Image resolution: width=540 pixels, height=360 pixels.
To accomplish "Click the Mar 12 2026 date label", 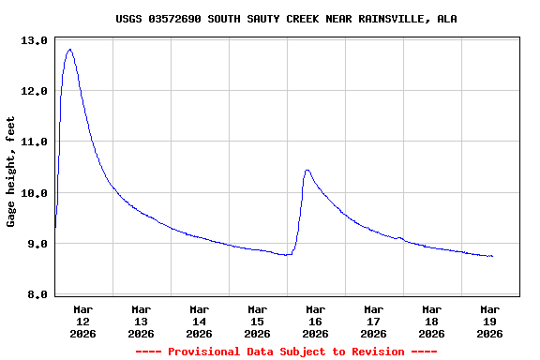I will coord(82,321).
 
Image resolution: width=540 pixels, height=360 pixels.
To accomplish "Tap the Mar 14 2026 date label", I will coord(199,321).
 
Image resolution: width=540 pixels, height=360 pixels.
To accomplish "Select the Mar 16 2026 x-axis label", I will coord(315,321).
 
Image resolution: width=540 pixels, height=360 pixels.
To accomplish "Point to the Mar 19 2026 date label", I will coord(489,321).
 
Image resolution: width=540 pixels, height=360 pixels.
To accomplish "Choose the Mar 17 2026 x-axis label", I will coord(373,321).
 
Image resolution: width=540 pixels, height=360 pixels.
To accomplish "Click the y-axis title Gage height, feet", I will coord(11,172).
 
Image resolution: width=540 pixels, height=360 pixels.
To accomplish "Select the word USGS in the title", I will coord(129,19).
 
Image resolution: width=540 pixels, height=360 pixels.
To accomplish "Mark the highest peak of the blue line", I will coord(69,49).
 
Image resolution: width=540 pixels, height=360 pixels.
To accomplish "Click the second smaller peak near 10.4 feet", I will coord(307,170).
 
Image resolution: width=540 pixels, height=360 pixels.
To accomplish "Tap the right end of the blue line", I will coord(492,256).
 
